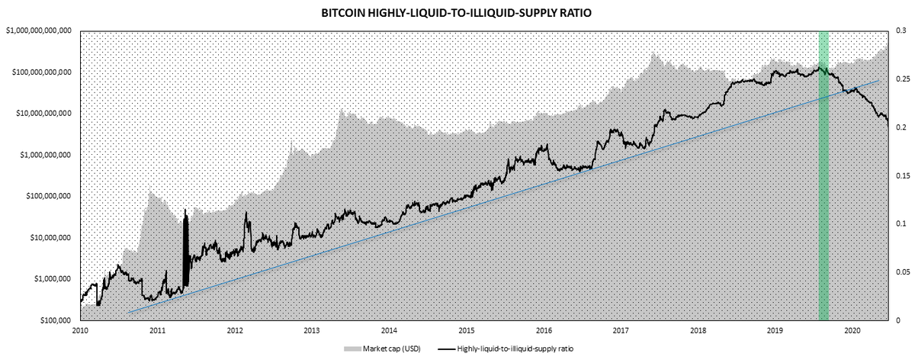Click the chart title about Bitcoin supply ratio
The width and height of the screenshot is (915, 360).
(x=457, y=13)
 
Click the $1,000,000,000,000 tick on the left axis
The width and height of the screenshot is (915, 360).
(x=38, y=31)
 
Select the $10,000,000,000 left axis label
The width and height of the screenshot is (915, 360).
(x=43, y=113)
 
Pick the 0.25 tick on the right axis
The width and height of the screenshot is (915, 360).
(x=902, y=79)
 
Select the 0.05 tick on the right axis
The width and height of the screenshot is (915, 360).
(x=902, y=272)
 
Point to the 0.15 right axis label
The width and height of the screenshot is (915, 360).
(x=902, y=175)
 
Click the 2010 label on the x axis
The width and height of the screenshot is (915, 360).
(x=80, y=332)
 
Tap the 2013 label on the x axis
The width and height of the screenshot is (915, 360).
(x=311, y=332)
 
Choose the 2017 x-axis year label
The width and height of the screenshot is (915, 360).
(x=621, y=332)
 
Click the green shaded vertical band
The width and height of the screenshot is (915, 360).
(x=823, y=191)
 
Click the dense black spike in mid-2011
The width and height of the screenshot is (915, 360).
(x=185, y=248)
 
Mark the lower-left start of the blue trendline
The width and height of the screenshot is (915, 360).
(x=128, y=312)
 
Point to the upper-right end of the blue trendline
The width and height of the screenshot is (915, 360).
(x=878, y=80)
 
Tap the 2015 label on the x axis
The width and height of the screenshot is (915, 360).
(x=466, y=332)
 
